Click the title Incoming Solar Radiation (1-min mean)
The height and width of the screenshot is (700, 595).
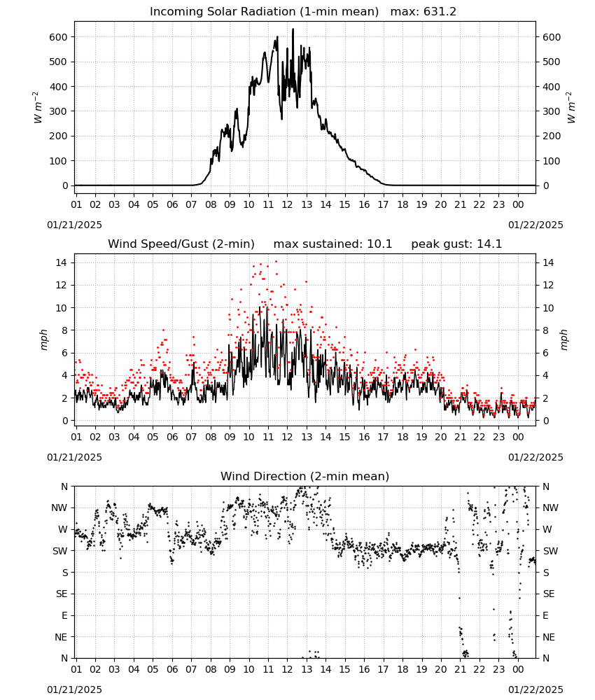[x=264, y=12]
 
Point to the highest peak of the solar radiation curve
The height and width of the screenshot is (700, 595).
[x=293, y=29]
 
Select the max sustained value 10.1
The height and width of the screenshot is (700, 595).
[x=379, y=244]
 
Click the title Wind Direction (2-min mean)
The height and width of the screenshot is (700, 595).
[x=305, y=476]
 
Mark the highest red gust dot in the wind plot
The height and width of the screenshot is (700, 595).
[x=276, y=261]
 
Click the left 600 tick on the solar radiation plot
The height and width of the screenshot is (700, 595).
[x=59, y=37]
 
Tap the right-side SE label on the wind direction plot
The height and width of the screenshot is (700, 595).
[x=549, y=594]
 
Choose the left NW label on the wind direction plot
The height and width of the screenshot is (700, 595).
[x=59, y=507]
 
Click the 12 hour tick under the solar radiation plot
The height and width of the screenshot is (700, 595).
[x=288, y=204]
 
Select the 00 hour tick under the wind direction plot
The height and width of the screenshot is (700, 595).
[x=518, y=669]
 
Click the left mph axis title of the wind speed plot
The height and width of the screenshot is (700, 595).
[x=43, y=339]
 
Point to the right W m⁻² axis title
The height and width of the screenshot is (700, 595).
[x=570, y=107]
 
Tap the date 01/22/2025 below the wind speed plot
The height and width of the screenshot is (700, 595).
[x=535, y=457]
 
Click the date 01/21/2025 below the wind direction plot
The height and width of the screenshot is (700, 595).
[x=74, y=689]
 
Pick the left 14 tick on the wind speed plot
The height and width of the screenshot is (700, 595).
[x=62, y=262]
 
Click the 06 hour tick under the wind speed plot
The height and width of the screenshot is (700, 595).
[x=172, y=437]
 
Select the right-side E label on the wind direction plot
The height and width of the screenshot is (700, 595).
[x=545, y=615]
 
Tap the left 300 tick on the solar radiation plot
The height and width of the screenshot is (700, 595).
[x=59, y=111]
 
